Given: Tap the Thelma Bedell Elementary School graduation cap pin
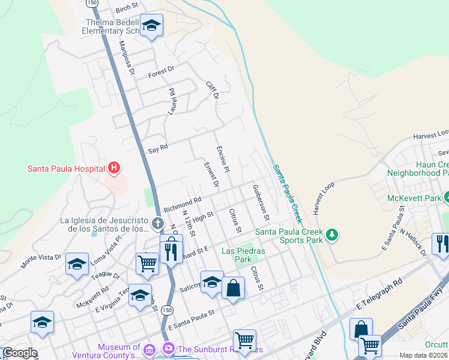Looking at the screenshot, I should (151, 26).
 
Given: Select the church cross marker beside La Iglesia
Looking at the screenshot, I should (157, 224).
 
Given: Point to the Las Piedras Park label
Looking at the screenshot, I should (237, 255).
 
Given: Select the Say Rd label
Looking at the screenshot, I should (157, 148).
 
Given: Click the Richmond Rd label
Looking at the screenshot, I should (182, 203).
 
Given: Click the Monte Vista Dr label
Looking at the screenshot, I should (41, 260).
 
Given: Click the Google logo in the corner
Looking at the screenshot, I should (19, 353).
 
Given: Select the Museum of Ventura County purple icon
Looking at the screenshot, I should (150, 349).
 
